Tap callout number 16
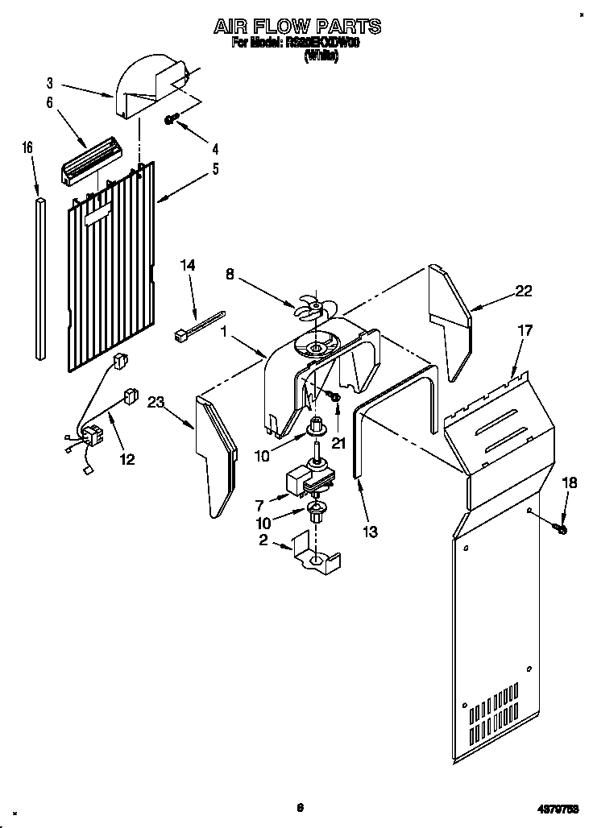pyautogui.click(x=27, y=148)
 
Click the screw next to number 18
pyautogui.click(x=561, y=528)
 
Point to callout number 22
pyautogui.click(x=524, y=292)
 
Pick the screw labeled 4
pyautogui.click(x=172, y=120)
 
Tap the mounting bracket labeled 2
pyautogui.click(x=316, y=557)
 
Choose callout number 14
pyautogui.click(x=188, y=265)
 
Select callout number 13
pyautogui.click(x=371, y=531)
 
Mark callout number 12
pyautogui.click(x=127, y=459)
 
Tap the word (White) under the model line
pyautogui.click(x=321, y=57)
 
